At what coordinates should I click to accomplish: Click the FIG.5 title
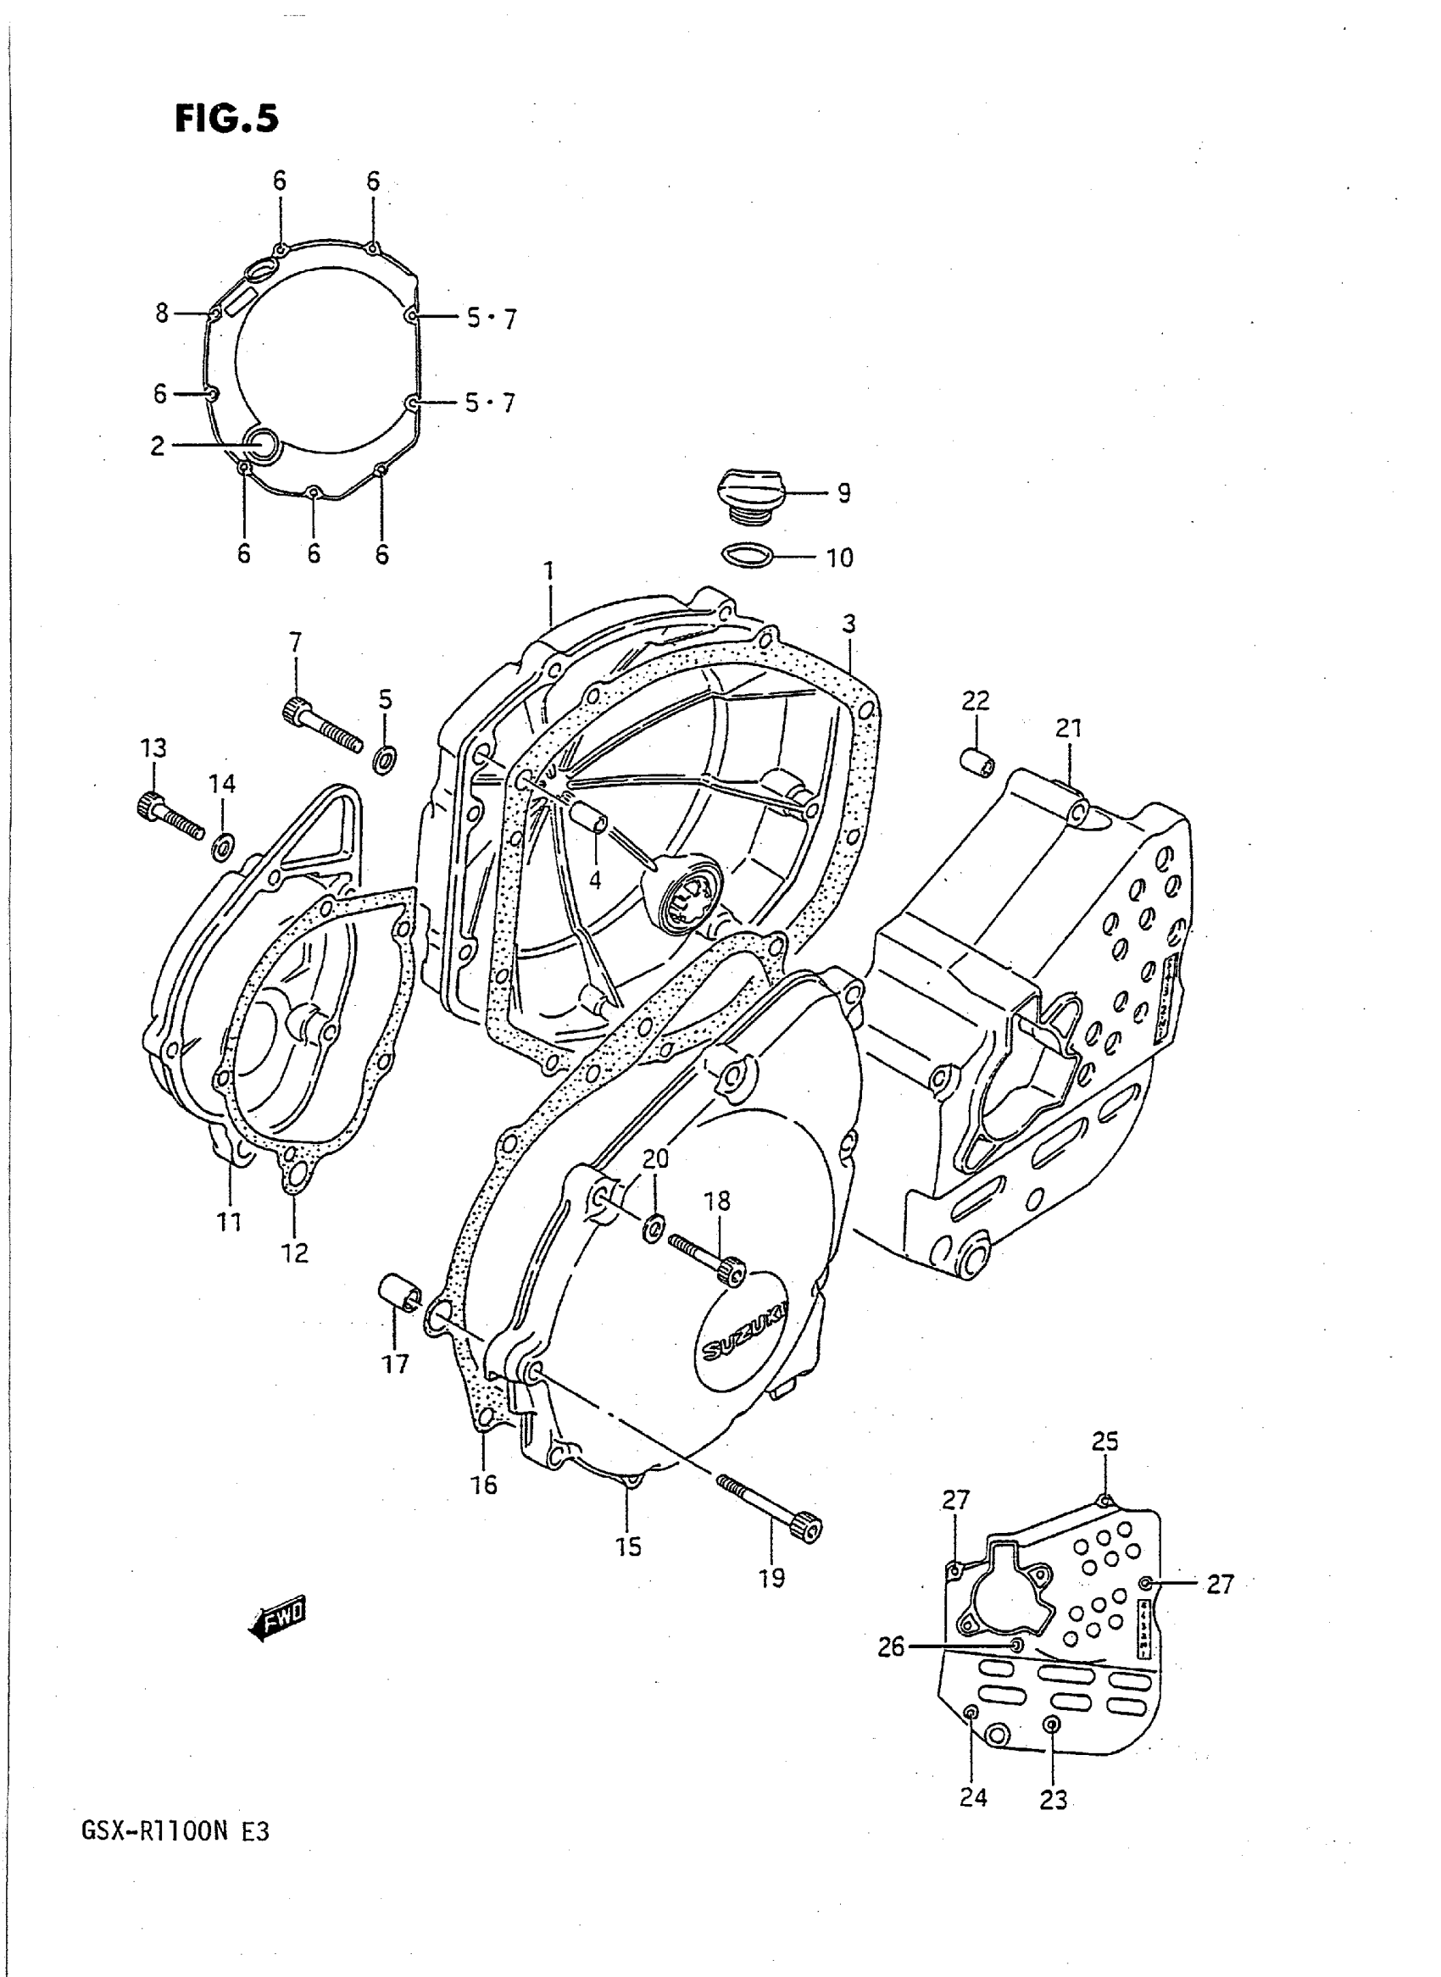coord(227,118)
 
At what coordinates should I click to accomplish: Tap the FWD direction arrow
coord(278,1619)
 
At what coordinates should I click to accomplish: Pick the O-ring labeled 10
coord(748,555)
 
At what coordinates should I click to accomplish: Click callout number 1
coord(548,572)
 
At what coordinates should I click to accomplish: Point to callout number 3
coord(848,624)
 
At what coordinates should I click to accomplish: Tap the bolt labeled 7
coord(321,727)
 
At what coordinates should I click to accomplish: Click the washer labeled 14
coord(223,845)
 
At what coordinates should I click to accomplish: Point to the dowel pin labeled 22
coord(979,761)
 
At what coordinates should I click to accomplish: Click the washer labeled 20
coord(652,1230)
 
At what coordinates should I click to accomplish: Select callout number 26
coord(891,1647)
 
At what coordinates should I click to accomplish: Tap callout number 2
coord(157,447)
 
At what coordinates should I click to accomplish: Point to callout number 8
coord(161,312)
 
